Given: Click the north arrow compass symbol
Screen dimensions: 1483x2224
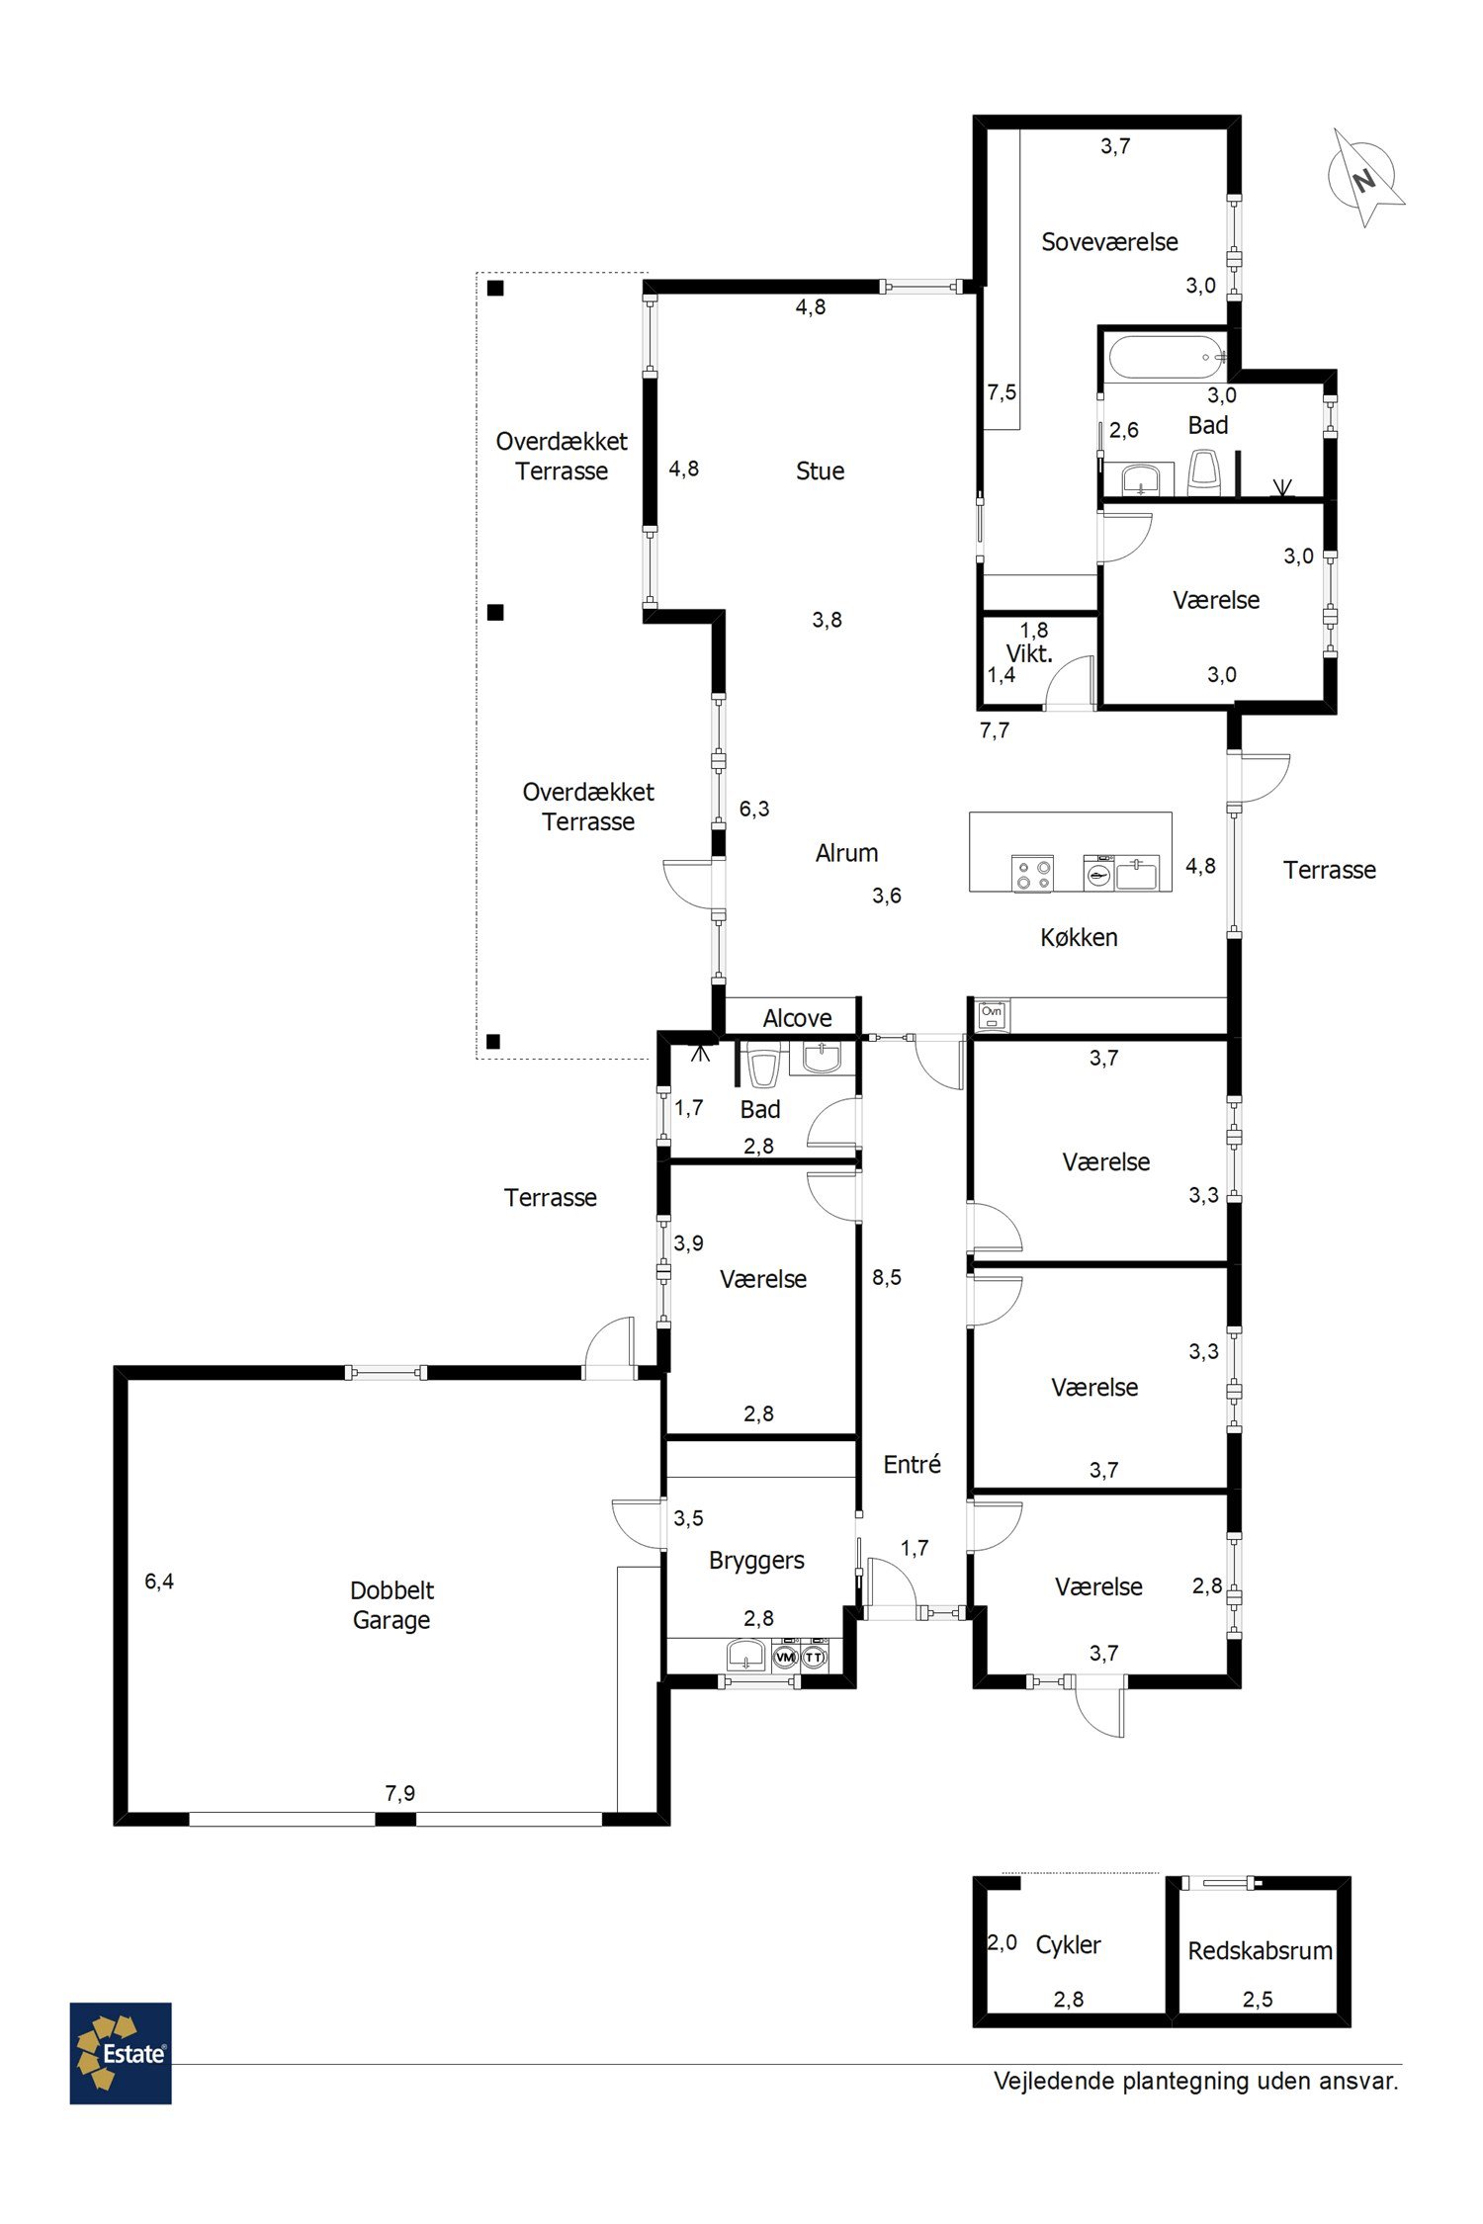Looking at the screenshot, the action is (1364, 178).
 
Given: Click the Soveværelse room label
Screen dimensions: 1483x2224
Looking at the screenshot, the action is (1109, 242).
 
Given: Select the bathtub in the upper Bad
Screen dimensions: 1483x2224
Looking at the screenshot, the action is (1168, 357).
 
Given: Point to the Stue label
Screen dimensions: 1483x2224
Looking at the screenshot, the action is (821, 470).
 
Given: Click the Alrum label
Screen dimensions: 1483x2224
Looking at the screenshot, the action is (846, 853).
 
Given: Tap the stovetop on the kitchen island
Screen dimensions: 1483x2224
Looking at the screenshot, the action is (1032, 875).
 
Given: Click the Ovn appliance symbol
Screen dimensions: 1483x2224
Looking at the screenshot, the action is (992, 1015).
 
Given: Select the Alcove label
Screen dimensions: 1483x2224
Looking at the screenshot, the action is (797, 1018).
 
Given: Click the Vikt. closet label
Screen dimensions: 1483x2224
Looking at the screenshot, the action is (1029, 653).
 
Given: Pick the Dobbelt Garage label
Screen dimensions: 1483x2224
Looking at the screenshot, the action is (392, 1605).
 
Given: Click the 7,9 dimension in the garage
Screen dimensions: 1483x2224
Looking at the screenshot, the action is (399, 1793).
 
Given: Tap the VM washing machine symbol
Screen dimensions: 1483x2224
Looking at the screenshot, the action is (786, 1657).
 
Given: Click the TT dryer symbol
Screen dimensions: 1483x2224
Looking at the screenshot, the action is (814, 1657).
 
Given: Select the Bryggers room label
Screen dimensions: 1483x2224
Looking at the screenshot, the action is (756, 1561).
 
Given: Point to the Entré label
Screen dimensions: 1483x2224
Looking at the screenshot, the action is (912, 1464).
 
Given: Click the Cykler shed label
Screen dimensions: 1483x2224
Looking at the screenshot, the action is (1068, 1945).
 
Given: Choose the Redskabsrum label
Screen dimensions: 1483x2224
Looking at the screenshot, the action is (1260, 1951).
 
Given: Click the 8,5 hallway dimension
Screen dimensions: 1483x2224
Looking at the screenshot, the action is (887, 1277).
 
